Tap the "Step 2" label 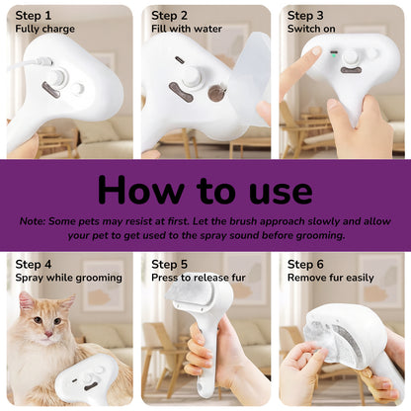[171, 16]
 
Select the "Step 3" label [305, 16]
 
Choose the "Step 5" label [171, 265]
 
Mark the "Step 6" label [306, 265]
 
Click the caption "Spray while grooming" [69, 279]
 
